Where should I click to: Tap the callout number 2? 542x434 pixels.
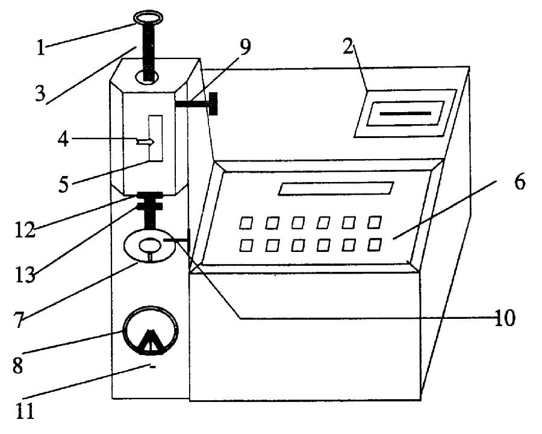pyautogui.click(x=347, y=48)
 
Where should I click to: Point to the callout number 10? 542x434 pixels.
pyautogui.click(x=505, y=318)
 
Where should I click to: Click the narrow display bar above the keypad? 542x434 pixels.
pyautogui.click(x=335, y=189)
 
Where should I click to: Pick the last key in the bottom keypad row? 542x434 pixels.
pyautogui.click(x=375, y=244)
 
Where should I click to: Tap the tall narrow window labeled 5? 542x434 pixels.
pyautogui.click(x=155, y=139)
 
